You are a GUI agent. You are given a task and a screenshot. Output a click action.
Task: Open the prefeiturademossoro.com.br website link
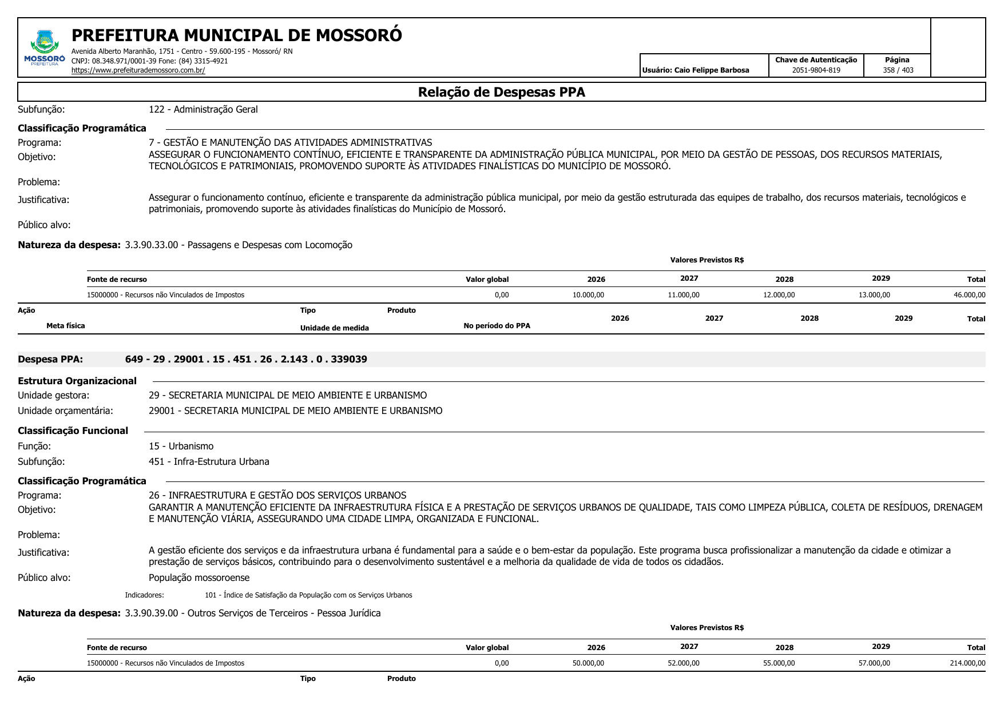click(138, 70)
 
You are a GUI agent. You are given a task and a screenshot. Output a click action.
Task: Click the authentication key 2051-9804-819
click(816, 70)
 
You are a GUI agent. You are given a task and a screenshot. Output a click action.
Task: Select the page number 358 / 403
click(898, 70)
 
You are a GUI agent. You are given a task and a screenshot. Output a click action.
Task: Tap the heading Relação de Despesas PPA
click(501, 92)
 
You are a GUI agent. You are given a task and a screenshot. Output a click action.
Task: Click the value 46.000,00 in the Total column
click(969, 295)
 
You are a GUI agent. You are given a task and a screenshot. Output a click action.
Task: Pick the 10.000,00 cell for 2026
click(588, 295)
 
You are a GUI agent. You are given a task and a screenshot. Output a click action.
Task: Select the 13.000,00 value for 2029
click(874, 295)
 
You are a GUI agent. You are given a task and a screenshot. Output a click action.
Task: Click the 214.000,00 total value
click(967, 663)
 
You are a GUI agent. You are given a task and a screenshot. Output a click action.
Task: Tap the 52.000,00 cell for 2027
click(683, 663)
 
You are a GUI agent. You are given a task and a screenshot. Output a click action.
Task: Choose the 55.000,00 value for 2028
click(779, 663)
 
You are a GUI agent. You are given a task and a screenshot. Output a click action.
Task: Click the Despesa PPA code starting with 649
click(246, 360)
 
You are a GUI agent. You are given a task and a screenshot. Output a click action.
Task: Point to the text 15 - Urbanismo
click(181, 446)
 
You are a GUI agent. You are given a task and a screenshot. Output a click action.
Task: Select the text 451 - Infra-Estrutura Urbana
click(209, 461)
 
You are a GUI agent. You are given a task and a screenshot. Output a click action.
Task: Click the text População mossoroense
click(199, 577)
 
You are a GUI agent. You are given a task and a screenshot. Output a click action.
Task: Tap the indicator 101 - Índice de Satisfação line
click(308, 595)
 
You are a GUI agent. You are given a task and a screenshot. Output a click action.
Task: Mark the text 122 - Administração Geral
click(203, 109)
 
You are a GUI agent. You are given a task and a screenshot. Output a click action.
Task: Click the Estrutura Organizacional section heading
click(77, 381)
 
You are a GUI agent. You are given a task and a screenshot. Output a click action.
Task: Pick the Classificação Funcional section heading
click(73, 431)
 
